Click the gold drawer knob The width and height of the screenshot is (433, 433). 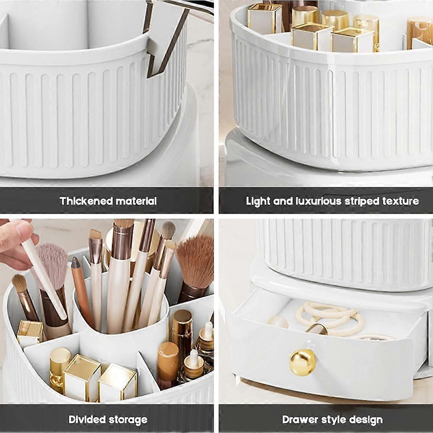[302, 362]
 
